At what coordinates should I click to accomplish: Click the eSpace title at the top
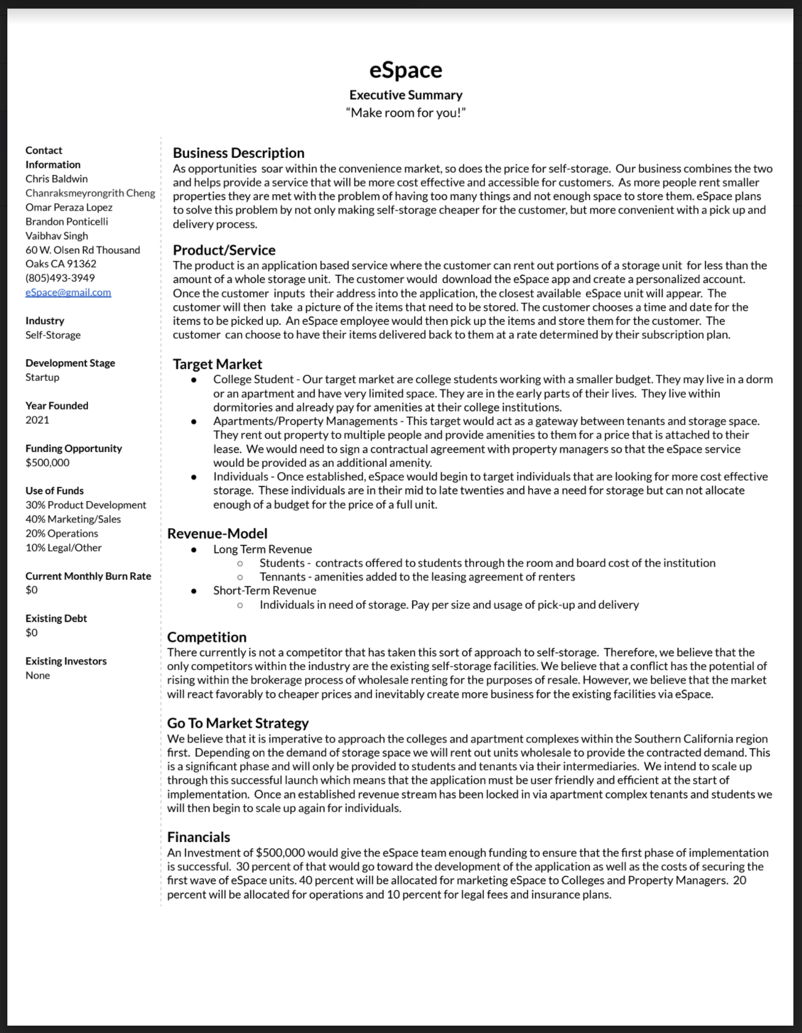(405, 70)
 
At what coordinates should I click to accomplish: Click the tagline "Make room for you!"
(405, 112)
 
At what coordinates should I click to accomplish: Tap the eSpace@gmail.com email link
(68, 292)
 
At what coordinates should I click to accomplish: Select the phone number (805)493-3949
(60, 278)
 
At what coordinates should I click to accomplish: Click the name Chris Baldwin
(56, 179)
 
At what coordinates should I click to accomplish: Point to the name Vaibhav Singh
(56, 236)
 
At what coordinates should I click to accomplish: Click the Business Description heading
(238, 153)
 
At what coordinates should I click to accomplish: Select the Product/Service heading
(224, 250)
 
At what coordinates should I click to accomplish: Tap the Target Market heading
(217, 364)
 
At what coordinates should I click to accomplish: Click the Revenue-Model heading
(217, 534)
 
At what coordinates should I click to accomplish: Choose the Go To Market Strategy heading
(238, 723)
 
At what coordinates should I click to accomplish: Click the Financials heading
(198, 837)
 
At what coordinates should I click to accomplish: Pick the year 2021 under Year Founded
(37, 420)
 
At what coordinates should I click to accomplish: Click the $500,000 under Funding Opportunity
(47, 462)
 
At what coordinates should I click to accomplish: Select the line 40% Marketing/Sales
(73, 519)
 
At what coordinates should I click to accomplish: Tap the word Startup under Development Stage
(42, 377)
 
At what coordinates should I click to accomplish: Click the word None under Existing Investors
(37, 676)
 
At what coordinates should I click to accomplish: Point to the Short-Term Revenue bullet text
(265, 590)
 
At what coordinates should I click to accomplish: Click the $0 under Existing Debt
(31, 633)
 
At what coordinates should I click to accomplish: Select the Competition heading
(207, 637)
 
